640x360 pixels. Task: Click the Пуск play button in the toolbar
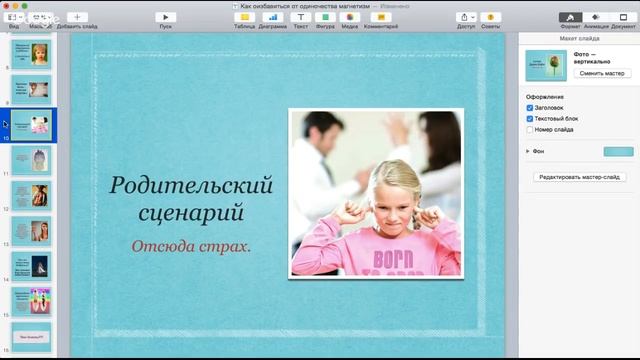click(x=166, y=17)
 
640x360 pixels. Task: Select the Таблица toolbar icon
click(x=245, y=17)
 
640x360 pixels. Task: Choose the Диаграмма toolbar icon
click(x=272, y=17)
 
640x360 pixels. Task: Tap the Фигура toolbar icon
click(x=325, y=17)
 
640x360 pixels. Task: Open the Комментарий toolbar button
click(x=381, y=17)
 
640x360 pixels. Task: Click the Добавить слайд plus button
click(x=77, y=17)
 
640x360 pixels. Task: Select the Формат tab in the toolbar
click(x=570, y=17)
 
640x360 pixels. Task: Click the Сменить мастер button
click(x=602, y=73)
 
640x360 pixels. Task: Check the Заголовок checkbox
click(x=530, y=107)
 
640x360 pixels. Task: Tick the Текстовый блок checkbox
click(x=530, y=118)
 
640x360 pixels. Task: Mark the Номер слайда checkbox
click(x=530, y=129)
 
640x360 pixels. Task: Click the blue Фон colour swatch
click(x=618, y=151)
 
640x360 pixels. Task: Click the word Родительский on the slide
click(x=191, y=185)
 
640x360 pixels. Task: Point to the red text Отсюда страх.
click(x=191, y=245)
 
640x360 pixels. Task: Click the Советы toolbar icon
click(x=491, y=17)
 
